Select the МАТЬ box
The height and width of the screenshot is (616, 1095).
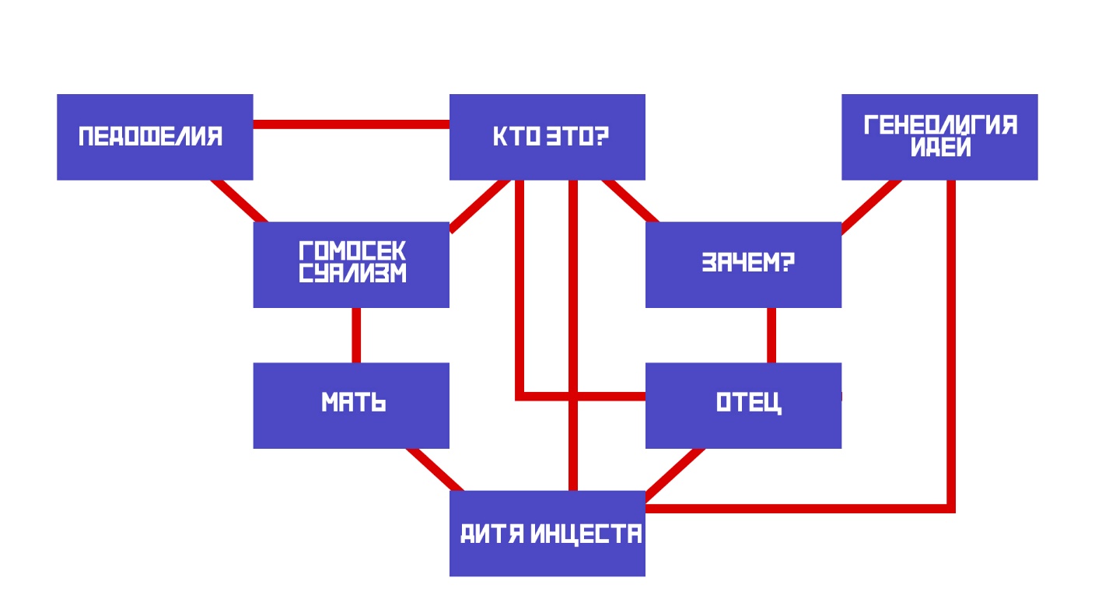click(351, 405)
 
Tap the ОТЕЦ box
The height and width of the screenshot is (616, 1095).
click(743, 405)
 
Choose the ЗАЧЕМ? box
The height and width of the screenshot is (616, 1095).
click(743, 264)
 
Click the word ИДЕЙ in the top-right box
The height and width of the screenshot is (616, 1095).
click(941, 148)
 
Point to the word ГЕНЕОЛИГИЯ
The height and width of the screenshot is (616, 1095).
click(940, 125)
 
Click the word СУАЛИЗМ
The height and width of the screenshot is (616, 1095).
click(352, 274)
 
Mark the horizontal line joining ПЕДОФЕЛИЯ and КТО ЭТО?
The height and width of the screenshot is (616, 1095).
click(351, 124)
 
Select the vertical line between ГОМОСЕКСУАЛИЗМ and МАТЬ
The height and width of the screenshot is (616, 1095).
click(356, 334)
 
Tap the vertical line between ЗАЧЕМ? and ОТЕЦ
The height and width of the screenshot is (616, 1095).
click(771, 334)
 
